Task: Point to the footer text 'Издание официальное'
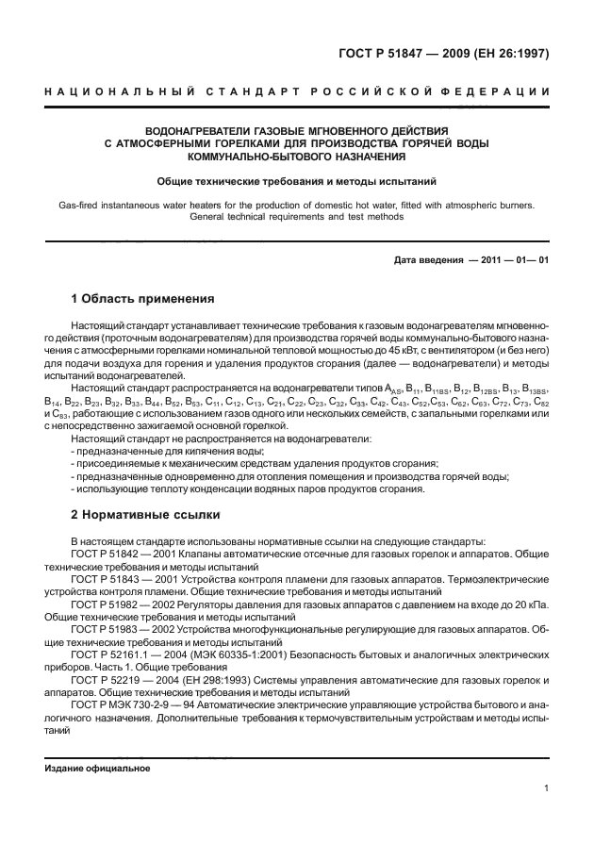click(98, 769)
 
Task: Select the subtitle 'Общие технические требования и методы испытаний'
click(296, 180)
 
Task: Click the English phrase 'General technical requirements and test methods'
click(296, 216)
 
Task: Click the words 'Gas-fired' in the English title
click(80, 204)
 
